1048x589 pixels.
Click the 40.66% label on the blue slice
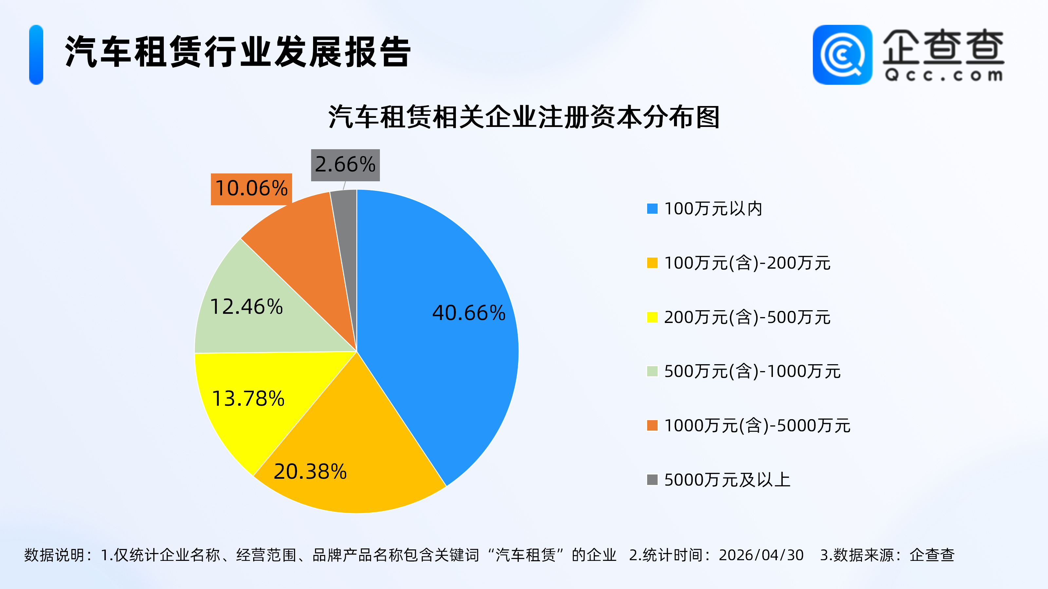pos(469,313)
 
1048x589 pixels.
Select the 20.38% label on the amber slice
pos(310,472)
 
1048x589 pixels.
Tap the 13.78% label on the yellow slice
pos(248,398)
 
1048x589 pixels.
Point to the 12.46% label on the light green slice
pos(246,307)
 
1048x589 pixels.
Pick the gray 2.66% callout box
pos(345,165)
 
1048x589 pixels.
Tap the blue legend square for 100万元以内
pos(652,208)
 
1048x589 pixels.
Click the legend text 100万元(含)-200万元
pos(747,263)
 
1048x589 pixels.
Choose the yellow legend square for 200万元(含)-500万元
pos(652,317)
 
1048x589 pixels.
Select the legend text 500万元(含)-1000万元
pos(752,371)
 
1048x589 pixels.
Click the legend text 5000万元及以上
pos(727,480)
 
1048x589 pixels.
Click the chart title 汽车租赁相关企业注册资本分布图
pos(524,117)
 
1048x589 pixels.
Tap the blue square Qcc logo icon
pos(842,55)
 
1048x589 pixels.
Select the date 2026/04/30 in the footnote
pos(761,555)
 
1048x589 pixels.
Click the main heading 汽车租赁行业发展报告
pos(238,52)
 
